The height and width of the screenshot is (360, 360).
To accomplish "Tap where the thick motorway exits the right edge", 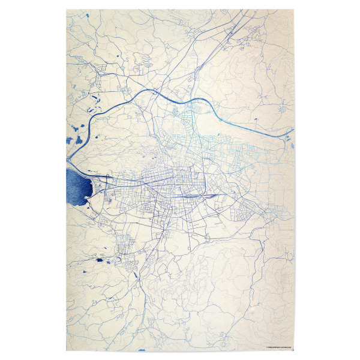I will (293, 130).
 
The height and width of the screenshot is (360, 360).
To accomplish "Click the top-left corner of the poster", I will (66, 9).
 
